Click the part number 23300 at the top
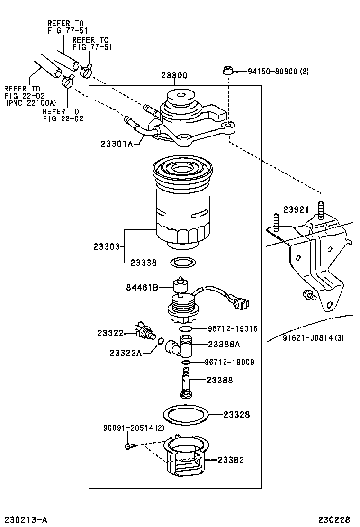174,75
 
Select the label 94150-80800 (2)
278,72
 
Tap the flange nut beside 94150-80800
227,72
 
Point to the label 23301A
116,143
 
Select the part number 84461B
142,287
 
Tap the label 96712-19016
232,328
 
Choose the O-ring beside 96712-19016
187,328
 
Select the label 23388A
224,345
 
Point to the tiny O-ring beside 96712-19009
187,363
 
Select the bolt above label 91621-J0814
307,295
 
